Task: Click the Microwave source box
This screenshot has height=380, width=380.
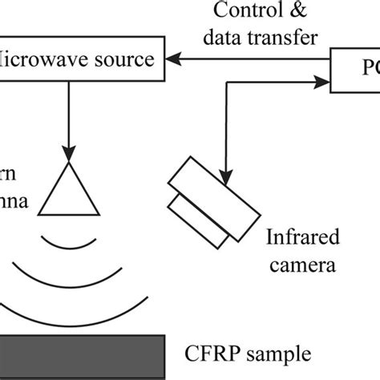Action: (x=80, y=59)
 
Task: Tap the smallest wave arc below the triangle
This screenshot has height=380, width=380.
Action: (x=70, y=240)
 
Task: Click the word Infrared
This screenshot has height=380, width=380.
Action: (x=303, y=237)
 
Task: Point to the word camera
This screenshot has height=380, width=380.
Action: (x=303, y=264)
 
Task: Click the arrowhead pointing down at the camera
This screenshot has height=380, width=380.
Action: (x=229, y=169)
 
